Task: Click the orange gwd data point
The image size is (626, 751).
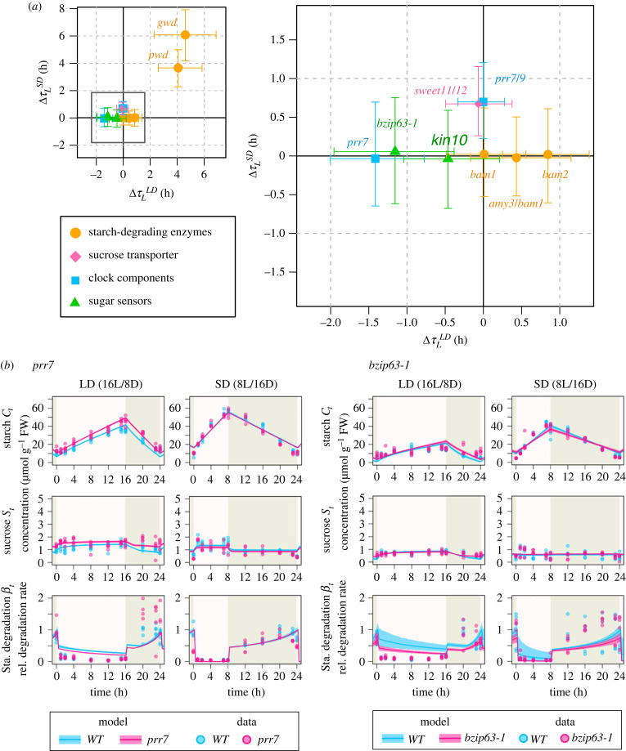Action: coord(185,34)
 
